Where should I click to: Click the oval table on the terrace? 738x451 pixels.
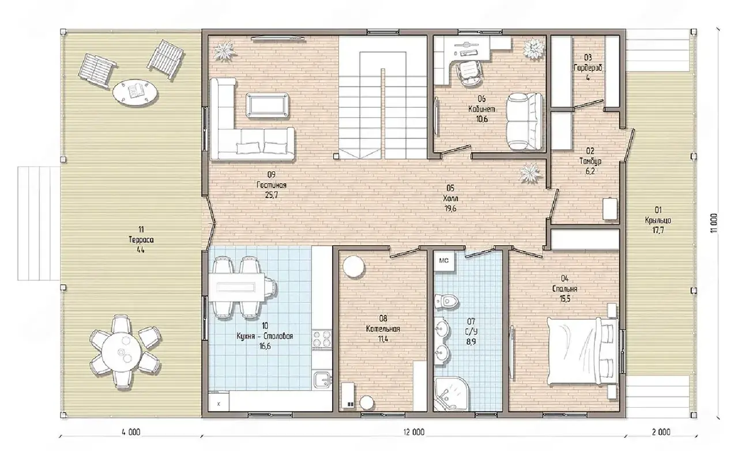135,92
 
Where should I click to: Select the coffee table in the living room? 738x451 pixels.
267,105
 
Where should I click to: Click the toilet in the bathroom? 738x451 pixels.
447,301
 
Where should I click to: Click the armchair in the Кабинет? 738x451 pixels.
525,121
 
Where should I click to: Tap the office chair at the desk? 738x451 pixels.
469,72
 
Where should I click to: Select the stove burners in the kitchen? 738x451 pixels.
322,339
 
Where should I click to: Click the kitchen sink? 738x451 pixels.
322,380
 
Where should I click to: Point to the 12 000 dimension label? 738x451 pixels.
413,432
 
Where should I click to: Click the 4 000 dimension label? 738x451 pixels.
131,432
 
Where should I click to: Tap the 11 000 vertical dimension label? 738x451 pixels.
714,223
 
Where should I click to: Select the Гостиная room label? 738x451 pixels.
272,185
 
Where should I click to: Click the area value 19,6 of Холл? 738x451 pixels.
450,209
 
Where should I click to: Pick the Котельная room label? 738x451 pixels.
383,329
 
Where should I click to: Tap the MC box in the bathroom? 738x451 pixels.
444,261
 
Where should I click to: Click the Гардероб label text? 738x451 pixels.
588,68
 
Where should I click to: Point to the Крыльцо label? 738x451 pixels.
658,220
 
